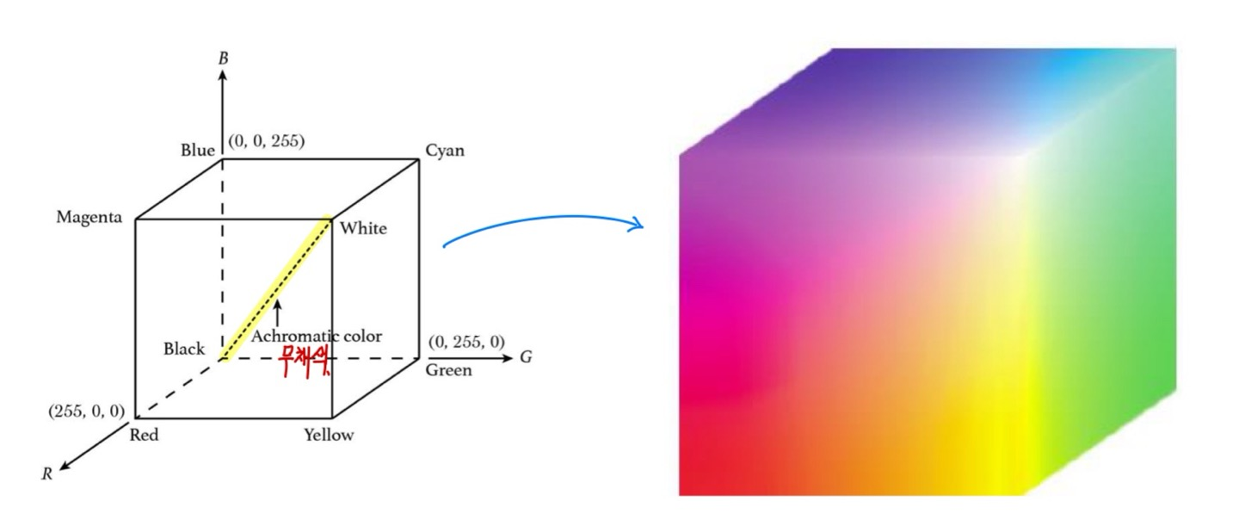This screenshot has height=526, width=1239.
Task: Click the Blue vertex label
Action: click(197, 151)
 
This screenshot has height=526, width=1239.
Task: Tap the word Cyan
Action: click(445, 151)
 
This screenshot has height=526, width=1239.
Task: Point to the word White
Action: click(363, 228)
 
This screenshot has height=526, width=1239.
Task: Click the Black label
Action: click(184, 349)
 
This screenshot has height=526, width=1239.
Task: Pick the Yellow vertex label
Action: click(328, 435)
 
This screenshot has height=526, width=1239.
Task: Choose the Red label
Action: click(144, 435)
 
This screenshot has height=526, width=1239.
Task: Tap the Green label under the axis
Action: click(448, 370)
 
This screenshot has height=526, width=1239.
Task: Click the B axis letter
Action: click(223, 59)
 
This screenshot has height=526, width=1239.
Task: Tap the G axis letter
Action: click(525, 356)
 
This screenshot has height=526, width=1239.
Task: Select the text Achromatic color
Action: click(316, 336)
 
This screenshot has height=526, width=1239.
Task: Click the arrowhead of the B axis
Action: click(223, 76)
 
